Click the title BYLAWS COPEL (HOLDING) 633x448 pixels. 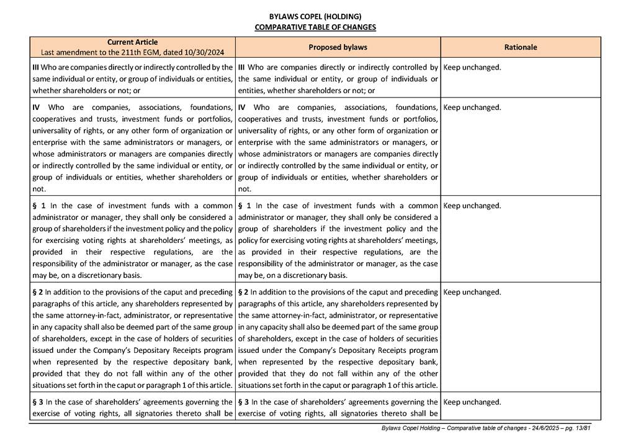315,17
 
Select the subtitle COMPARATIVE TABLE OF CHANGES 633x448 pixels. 315,27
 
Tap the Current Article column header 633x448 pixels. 132,42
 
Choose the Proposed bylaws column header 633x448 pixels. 338,47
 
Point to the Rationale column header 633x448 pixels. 521,47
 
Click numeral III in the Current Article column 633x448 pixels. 36,67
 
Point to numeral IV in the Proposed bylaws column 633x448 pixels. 242,107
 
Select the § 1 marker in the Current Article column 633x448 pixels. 38,206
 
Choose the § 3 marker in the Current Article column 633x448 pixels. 38,402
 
